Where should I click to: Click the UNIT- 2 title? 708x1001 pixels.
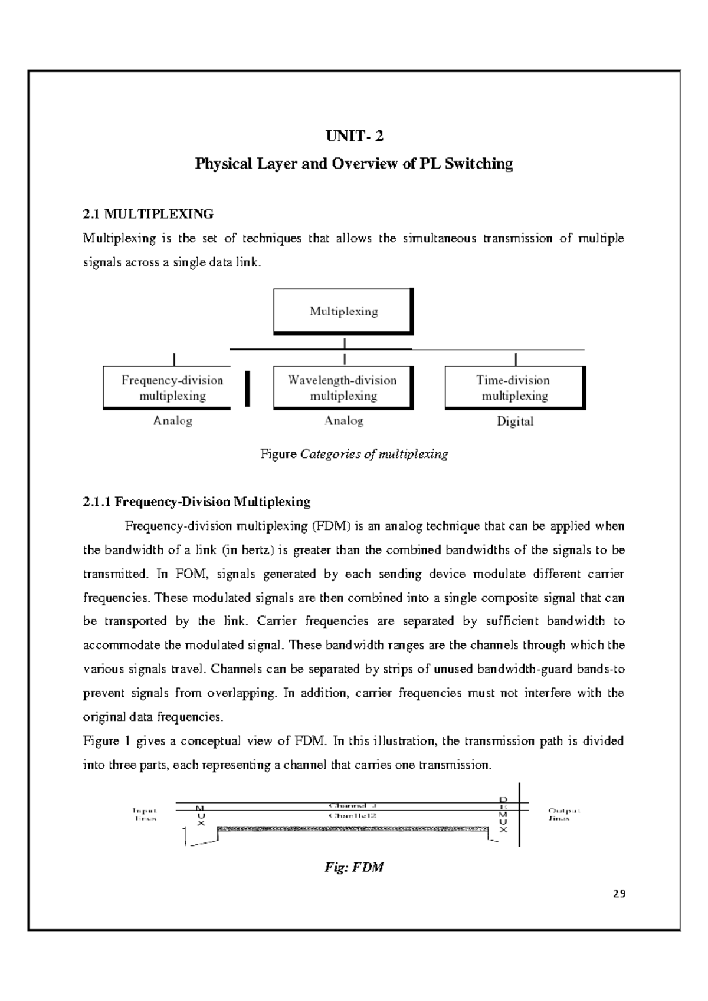[354, 137]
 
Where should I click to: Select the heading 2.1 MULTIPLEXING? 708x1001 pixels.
[148, 213]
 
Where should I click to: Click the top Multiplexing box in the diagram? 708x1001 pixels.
[343, 311]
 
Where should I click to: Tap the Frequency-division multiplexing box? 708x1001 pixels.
[172, 387]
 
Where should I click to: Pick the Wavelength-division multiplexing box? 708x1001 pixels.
[343, 387]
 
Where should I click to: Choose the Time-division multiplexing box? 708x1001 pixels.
[514, 387]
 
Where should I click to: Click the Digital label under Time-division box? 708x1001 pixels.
[514, 422]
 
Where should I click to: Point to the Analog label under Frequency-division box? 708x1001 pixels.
[172, 421]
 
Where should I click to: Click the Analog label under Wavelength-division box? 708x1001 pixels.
[343, 421]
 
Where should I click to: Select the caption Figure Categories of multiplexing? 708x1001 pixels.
[354, 455]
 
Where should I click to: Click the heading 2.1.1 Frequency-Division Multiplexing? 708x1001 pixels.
[196, 502]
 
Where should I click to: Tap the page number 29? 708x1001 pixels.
[618, 894]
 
